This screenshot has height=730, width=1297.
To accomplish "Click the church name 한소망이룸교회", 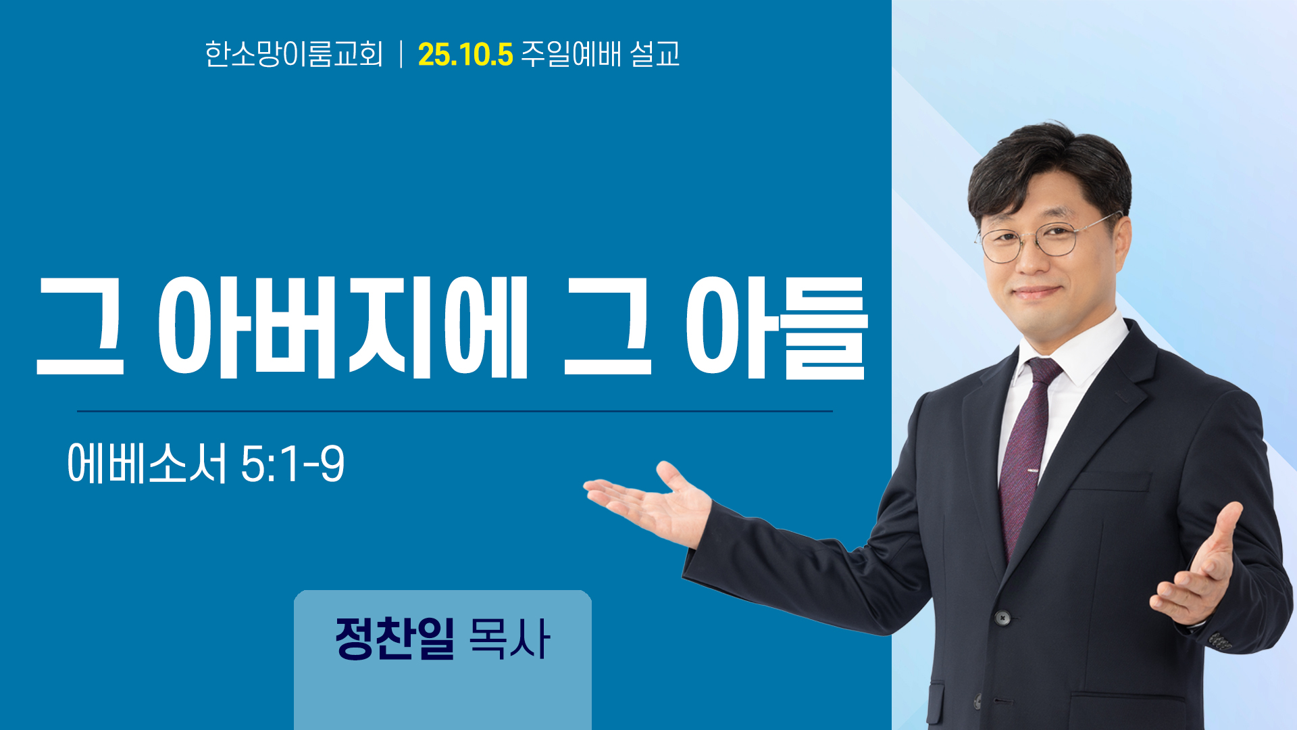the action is tap(294, 54).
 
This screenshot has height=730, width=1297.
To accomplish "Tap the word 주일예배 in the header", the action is tap(571, 54).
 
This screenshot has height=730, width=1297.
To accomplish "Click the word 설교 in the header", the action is tap(655, 54).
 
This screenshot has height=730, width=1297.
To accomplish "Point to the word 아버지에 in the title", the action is tap(342, 327).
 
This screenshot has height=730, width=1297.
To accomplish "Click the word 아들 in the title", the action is tap(777, 327).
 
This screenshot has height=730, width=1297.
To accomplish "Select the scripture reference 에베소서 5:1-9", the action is tap(206, 464).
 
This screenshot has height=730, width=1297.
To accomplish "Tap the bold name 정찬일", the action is tap(395, 638).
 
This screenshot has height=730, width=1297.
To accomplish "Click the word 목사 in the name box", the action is tap(509, 638).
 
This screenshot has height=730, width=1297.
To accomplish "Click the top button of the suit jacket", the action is tap(1002, 617).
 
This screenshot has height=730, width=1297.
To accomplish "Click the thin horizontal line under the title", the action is tap(455, 411).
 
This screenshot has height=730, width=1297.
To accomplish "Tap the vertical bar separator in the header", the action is tap(401, 54).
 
